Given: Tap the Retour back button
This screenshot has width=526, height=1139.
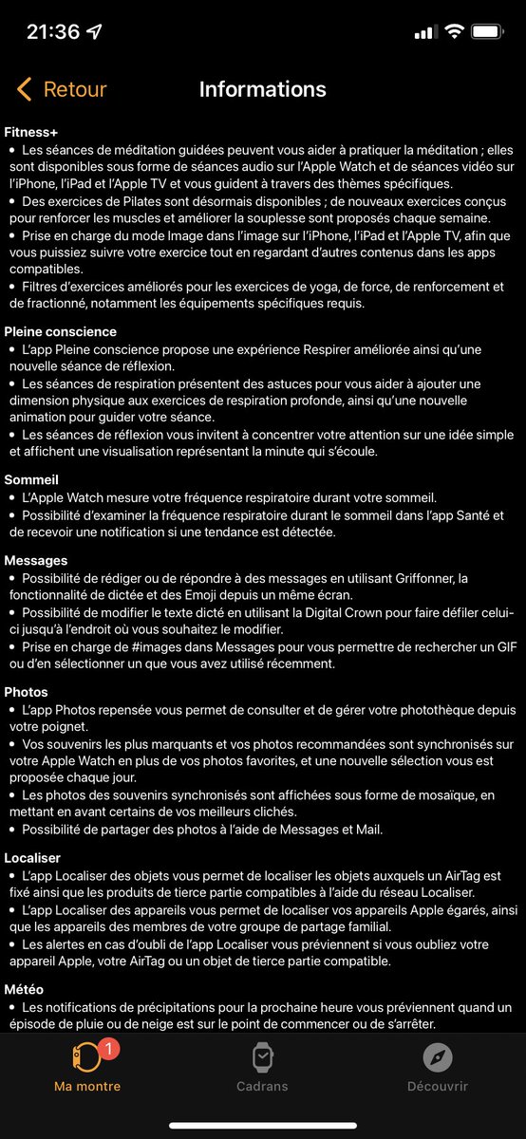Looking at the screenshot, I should [63, 89].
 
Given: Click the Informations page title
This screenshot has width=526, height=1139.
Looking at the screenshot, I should [262, 89].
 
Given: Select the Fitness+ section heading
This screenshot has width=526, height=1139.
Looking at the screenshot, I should [31, 132].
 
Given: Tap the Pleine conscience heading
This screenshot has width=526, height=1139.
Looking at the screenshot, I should [61, 331].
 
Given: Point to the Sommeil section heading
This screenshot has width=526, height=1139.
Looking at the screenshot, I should [31, 479].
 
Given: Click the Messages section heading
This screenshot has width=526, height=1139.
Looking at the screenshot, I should [36, 561].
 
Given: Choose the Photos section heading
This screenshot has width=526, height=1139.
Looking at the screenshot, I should [27, 692].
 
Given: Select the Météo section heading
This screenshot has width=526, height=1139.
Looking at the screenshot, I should [25, 988].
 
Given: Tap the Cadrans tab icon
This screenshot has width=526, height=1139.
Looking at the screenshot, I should [262, 1057].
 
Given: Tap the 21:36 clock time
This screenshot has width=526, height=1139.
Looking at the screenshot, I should [53, 31].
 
